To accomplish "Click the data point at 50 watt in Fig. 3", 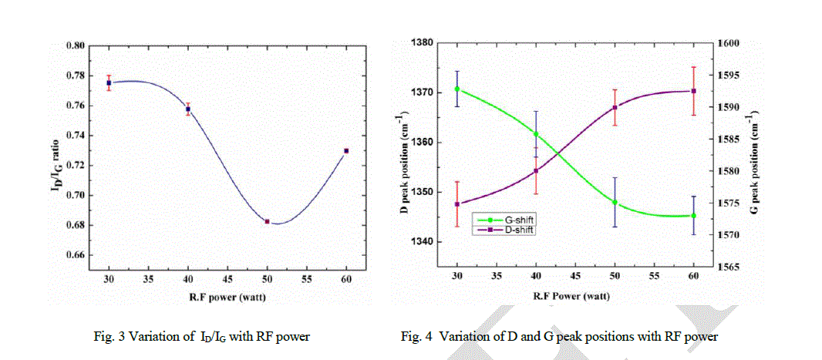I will coord(267,222).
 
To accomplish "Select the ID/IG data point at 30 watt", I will coord(109,82).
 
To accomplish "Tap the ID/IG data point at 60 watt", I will coord(346,151).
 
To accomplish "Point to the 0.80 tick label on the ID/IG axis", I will coord(75,45).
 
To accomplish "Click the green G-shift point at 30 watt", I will coord(457,89).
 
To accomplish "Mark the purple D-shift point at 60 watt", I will coord(694,91).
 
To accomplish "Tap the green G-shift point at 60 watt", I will coord(694,216).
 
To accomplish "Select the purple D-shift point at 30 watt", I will coord(457,204).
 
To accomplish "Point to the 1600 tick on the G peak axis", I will coord(729,44).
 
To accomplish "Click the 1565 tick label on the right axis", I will coord(729,267).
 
